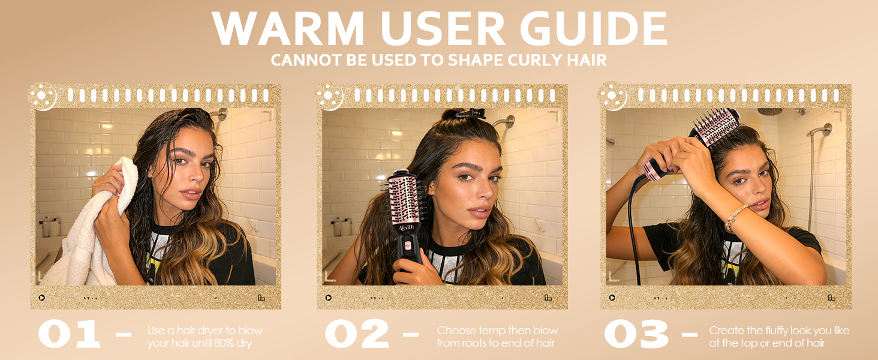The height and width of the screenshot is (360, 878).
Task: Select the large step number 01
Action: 69,335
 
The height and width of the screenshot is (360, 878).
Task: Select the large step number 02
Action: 357,335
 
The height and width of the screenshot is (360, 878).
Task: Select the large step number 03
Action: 636,335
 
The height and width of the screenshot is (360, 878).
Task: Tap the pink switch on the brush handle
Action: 408,245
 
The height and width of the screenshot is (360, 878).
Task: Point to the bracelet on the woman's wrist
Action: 736,218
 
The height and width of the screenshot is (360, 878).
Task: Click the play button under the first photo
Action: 42,298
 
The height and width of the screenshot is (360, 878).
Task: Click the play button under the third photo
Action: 612,298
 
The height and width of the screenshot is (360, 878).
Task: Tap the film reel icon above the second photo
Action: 330,97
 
